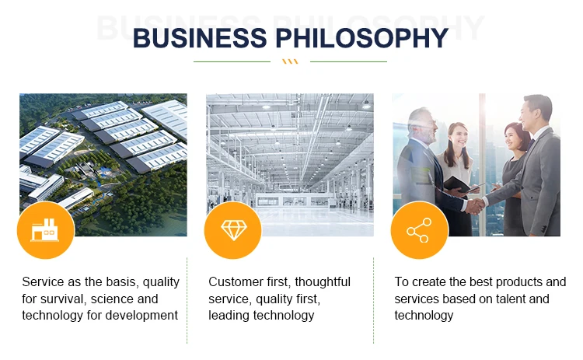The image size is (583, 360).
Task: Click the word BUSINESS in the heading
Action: [x=200, y=38]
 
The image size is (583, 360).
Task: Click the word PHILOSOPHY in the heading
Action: [x=361, y=38]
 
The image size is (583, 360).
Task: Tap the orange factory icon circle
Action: [x=46, y=230]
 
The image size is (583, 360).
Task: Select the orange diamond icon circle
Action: [x=233, y=230]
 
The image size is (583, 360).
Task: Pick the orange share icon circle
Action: [x=420, y=230]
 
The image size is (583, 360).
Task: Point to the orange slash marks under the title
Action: [x=290, y=61]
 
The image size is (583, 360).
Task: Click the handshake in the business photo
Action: [x=475, y=205]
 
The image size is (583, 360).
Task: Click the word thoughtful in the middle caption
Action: [x=323, y=282]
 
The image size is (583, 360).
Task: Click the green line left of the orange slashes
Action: [x=232, y=61]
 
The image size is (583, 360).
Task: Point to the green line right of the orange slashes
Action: [x=348, y=61]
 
